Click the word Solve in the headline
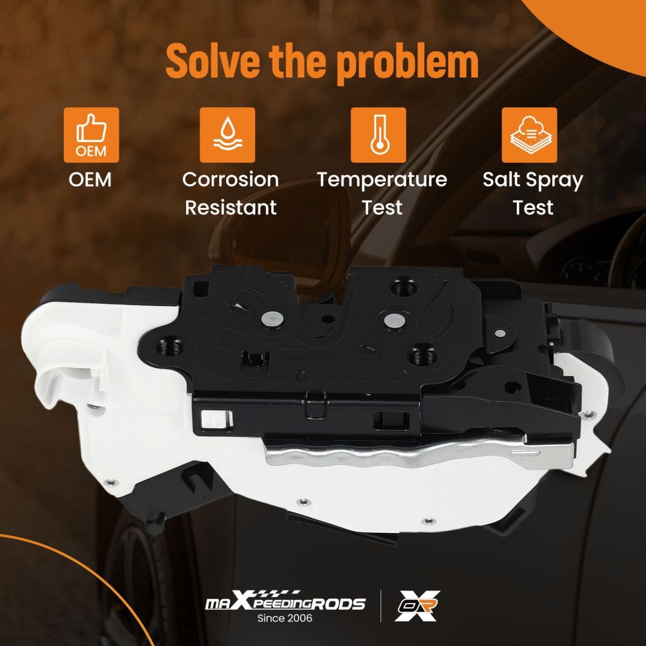point(213,60)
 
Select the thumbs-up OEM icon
point(92,135)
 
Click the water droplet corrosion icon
point(227,135)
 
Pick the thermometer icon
point(378,135)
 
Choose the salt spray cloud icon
point(530,135)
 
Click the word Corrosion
point(231,180)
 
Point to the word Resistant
point(231,207)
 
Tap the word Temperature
point(382,180)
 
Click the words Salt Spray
point(533,180)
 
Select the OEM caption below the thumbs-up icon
point(90,180)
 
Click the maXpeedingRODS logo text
point(285,601)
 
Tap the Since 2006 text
point(285,618)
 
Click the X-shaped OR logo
point(417,606)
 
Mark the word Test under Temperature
point(382,207)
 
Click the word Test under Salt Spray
point(533,207)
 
